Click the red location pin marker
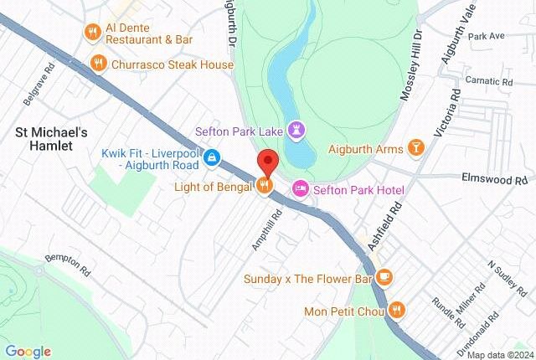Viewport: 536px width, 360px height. [x=266, y=162]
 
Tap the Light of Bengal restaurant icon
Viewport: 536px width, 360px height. [x=265, y=186]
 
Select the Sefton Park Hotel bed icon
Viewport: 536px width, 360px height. [x=300, y=188]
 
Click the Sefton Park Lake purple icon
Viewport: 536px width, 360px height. [x=297, y=130]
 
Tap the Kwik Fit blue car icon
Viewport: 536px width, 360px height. [x=213, y=157]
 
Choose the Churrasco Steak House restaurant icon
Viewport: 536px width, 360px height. [x=99, y=64]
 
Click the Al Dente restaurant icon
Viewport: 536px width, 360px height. [x=92, y=32]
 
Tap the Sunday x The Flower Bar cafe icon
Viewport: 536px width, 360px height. [x=384, y=277]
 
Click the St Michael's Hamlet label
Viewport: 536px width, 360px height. [x=51, y=138]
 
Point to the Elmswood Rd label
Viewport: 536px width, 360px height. [x=497, y=179]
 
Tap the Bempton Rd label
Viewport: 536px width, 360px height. [x=66, y=265]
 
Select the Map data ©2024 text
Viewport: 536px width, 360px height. [x=498, y=354]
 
